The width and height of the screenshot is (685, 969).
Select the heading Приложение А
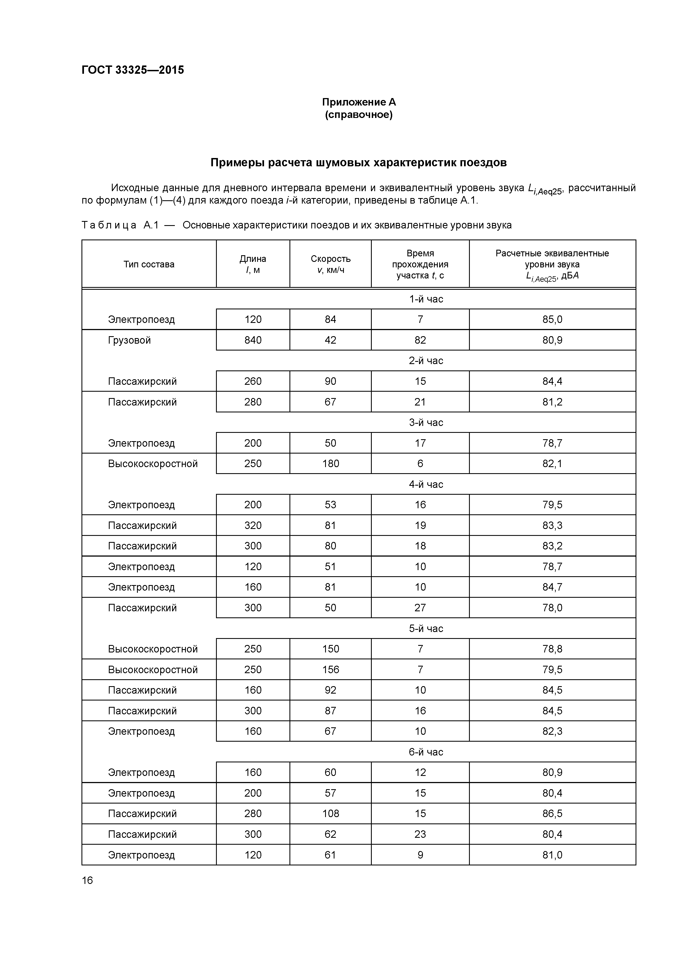pyautogui.click(x=359, y=102)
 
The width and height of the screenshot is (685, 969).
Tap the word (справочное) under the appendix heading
pyautogui.click(x=359, y=115)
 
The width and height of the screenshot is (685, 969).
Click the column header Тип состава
pyautogui.click(x=149, y=264)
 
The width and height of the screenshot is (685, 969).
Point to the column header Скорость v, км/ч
pyautogui.click(x=330, y=264)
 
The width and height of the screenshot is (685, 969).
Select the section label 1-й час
pyautogui.click(x=426, y=299)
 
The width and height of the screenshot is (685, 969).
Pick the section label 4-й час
pyautogui.click(x=426, y=484)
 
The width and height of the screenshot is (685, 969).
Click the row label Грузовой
pyautogui.click(x=129, y=340)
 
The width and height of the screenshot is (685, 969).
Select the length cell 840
pyautogui.click(x=253, y=340)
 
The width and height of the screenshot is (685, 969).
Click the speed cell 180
pyautogui.click(x=330, y=464)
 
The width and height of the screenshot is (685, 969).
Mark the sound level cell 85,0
pyautogui.click(x=552, y=320)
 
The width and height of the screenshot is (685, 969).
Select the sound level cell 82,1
pyautogui.click(x=552, y=464)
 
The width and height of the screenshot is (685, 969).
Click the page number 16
pyautogui.click(x=87, y=880)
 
